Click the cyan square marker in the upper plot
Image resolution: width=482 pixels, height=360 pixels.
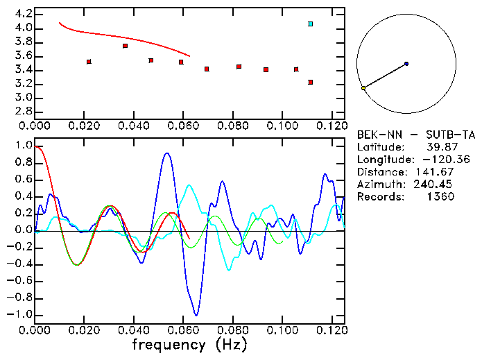(310, 24)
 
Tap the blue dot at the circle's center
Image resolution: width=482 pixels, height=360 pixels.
(406, 64)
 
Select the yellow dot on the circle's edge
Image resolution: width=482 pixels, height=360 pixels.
(363, 88)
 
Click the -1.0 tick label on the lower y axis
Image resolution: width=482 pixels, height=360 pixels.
(19, 315)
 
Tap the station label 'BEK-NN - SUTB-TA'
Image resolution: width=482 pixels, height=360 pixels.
(416, 135)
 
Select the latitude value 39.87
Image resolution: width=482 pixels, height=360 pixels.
(440, 148)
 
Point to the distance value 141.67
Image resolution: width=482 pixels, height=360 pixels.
(440, 172)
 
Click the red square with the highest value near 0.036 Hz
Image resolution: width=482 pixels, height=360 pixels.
(125, 46)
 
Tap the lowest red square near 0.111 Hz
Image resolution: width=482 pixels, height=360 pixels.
(310, 82)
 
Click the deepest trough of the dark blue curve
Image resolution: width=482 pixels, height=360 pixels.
(197, 315)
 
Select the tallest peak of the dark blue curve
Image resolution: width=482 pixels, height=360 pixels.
(166, 154)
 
